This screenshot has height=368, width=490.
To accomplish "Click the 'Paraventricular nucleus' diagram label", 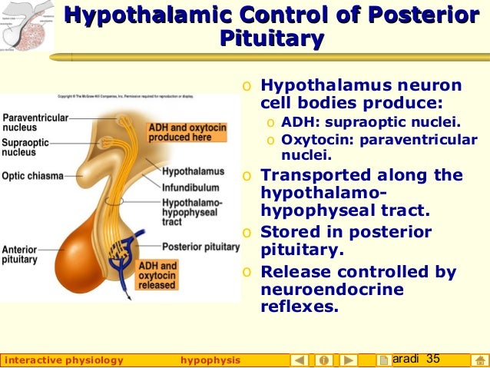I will [x=35, y=123].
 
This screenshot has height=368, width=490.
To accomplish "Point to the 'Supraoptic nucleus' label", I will [x=26, y=148].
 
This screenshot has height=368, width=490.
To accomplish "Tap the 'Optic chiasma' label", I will [x=32, y=176].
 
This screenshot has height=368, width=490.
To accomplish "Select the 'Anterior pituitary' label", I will [x=20, y=255].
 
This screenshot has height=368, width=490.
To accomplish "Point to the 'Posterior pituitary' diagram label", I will [x=200, y=247].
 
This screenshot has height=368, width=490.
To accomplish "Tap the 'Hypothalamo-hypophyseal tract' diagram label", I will [x=192, y=211].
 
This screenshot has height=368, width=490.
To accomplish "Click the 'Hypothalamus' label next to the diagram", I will [x=193, y=171].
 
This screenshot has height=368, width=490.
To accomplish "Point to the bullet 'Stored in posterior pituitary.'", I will [x=346, y=240].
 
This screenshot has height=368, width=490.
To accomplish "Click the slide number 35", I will [x=432, y=359].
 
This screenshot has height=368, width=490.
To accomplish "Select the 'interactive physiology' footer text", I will [x=64, y=360].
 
